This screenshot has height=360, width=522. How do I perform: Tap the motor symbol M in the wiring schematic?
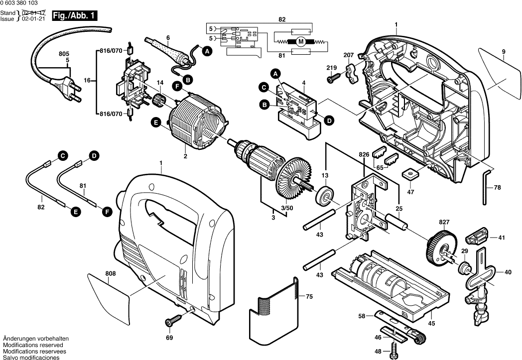[x=300, y=42]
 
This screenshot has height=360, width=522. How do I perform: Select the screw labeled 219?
[x=332, y=78]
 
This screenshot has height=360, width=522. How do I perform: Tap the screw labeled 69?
[x=175, y=319]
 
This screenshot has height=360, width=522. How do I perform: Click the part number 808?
[x=110, y=273]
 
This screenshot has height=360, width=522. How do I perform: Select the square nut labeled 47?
[x=410, y=175]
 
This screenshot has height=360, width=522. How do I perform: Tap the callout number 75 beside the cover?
[x=309, y=296]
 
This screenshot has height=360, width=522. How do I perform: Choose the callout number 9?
[x=503, y=52]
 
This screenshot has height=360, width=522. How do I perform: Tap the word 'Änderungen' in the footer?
[x=20, y=339]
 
